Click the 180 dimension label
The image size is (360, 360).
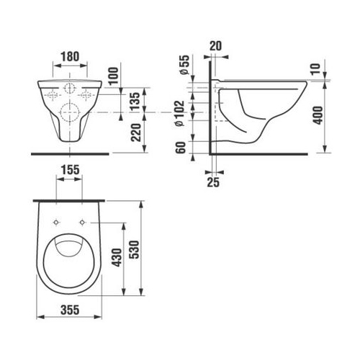tap(70, 57)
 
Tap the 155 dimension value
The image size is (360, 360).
tap(70, 170)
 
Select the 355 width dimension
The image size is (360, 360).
tap(70, 310)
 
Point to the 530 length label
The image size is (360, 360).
tap(135, 249)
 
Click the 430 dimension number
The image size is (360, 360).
tap(117, 258)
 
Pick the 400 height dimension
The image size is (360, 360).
tap(318, 115)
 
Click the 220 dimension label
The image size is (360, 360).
tap(136, 132)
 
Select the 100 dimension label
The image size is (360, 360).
tap(114, 76)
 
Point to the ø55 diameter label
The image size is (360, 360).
tap(185, 65)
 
